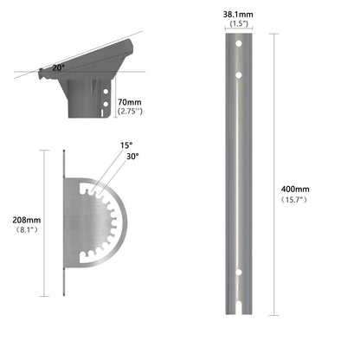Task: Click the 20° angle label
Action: coord(56,66)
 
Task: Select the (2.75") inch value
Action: coord(132,112)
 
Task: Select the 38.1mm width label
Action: coord(237,15)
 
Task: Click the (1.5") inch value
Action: coord(237,25)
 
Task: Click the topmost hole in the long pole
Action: coord(238,43)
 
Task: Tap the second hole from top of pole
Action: coord(238,77)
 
